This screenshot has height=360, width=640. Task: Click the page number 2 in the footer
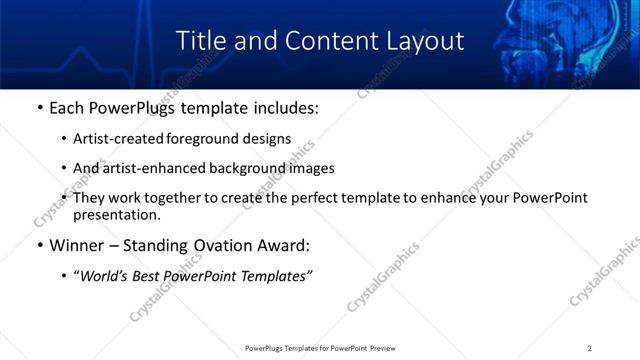point(590,348)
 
